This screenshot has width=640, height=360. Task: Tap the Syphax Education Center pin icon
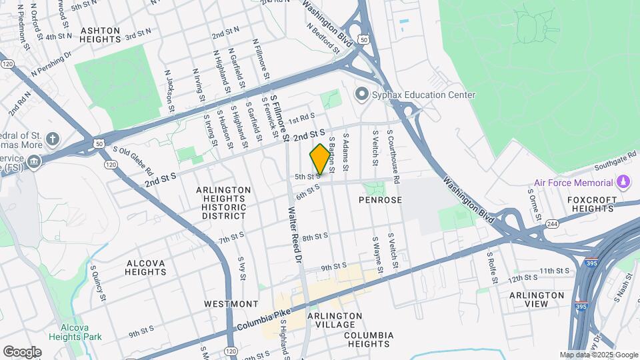[x=362, y=94]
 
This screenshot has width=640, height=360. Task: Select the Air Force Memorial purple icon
[x=623, y=181]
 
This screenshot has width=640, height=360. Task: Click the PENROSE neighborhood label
[x=380, y=199]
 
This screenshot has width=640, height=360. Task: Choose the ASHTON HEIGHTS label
[x=100, y=35]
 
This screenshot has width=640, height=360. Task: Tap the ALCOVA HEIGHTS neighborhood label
[x=145, y=267]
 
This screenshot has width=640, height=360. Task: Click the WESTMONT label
[x=227, y=303]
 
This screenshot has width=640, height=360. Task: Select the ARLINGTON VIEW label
[x=537, y=299]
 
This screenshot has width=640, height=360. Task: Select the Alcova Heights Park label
[x=81, y=332]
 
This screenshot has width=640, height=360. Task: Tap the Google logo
[x=22, y=351]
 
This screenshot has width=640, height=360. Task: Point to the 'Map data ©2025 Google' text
[x=599, y=355]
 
